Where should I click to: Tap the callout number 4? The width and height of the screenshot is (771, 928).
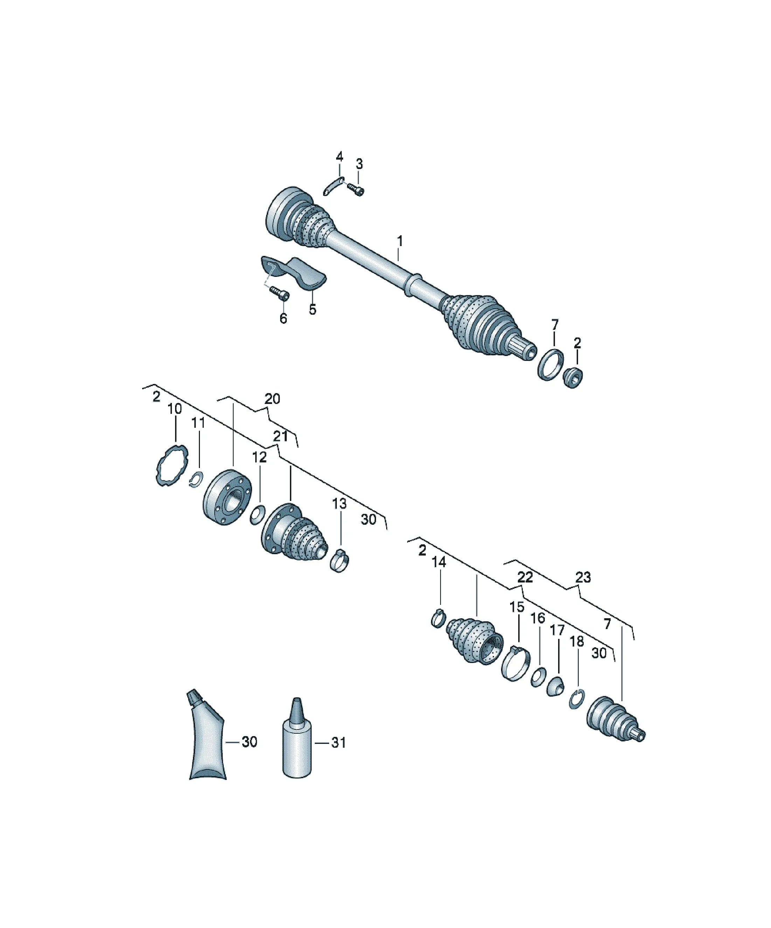(x=339, y=157)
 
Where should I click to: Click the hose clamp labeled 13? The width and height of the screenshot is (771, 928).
(x=340, y=560)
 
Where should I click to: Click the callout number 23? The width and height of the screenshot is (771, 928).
(x=583, y=577)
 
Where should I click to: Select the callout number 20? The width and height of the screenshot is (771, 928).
(x=272, y=399)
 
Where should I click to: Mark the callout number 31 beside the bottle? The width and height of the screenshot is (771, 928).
(x=339, y=742)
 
